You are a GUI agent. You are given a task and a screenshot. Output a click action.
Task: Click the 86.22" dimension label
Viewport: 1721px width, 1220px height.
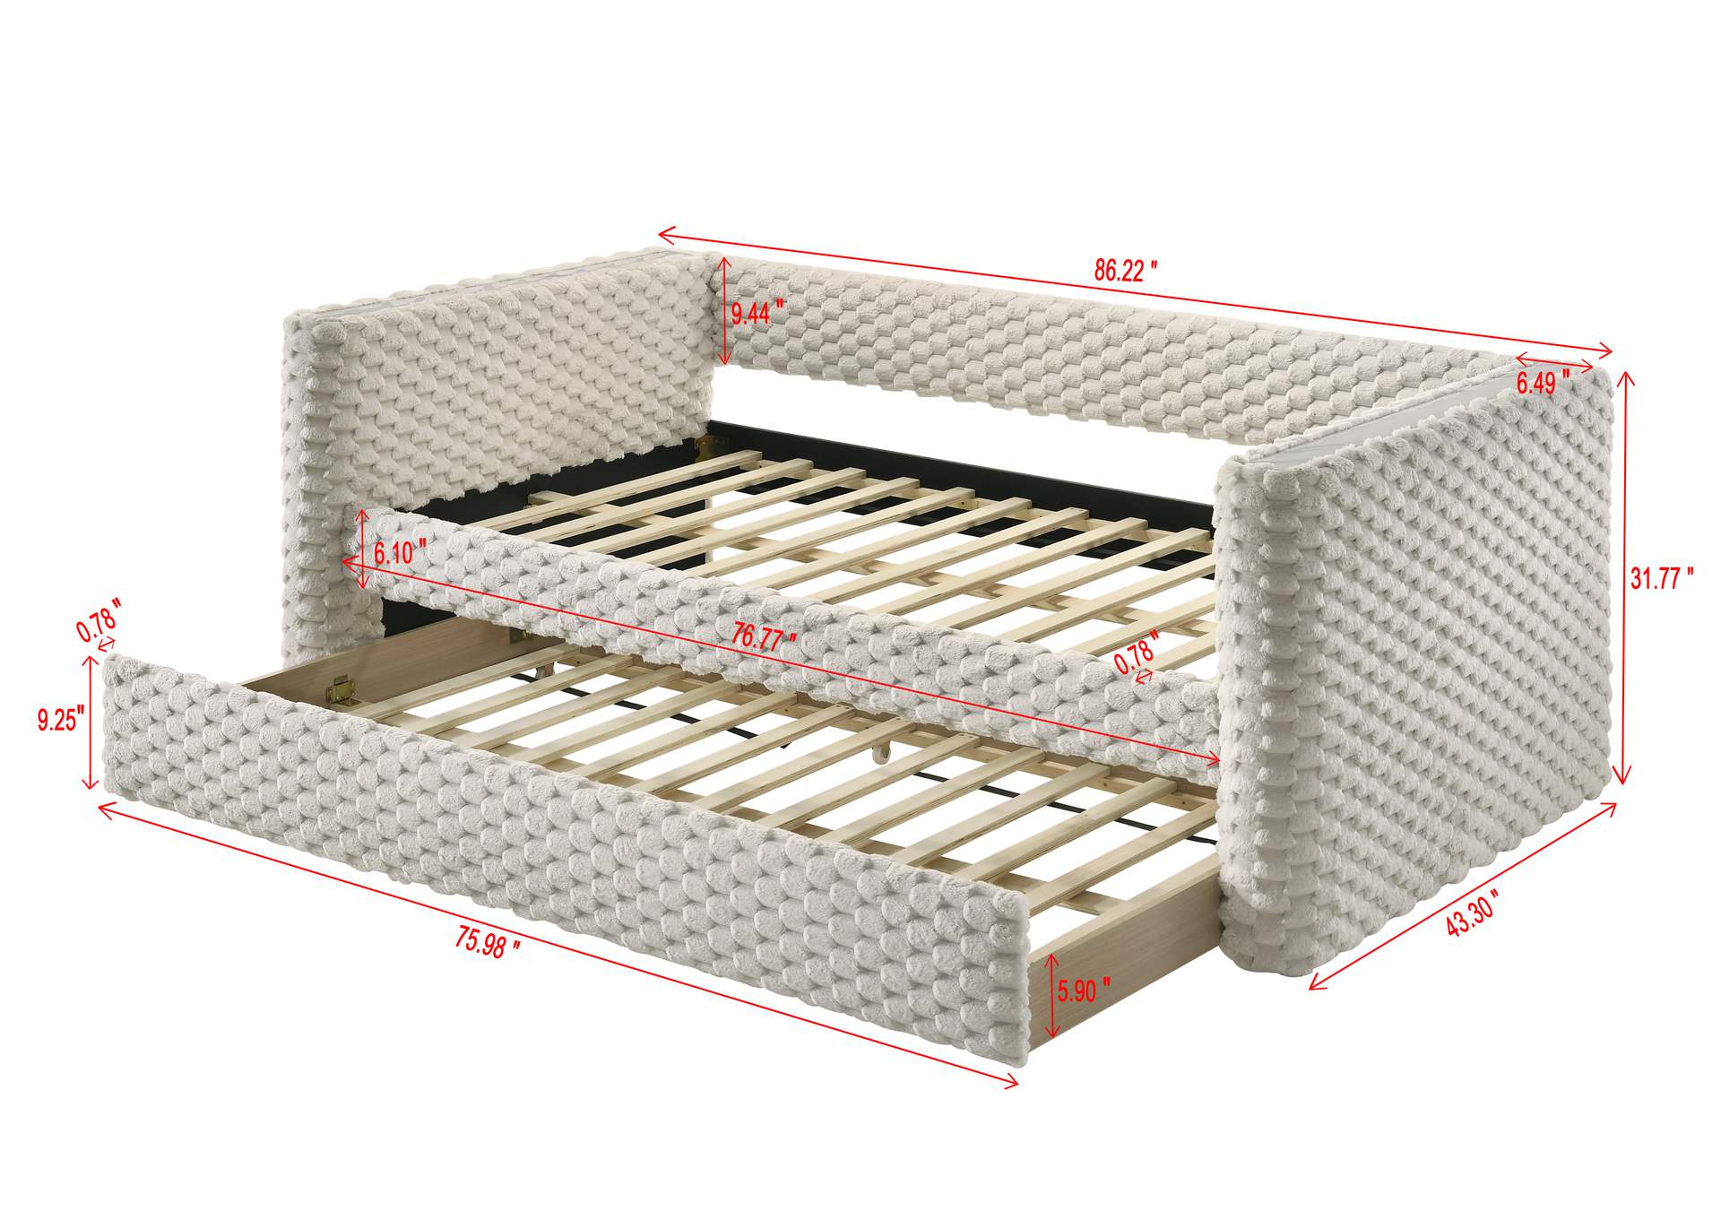click(1125, 271)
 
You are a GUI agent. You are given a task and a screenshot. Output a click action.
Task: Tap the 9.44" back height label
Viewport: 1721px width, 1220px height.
click(757, 313)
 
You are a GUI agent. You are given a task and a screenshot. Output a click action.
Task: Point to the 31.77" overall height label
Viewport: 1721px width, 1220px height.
click(1662, 579)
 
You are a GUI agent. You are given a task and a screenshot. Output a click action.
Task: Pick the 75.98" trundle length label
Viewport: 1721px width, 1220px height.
click(489, 942)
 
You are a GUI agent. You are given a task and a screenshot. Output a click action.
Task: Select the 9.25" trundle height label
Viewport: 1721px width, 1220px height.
click(61, 720)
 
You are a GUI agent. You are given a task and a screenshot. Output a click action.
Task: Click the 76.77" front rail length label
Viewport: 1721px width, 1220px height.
click(764, 637)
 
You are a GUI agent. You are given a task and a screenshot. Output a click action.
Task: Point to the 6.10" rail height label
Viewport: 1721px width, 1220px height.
click(400, 553)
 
